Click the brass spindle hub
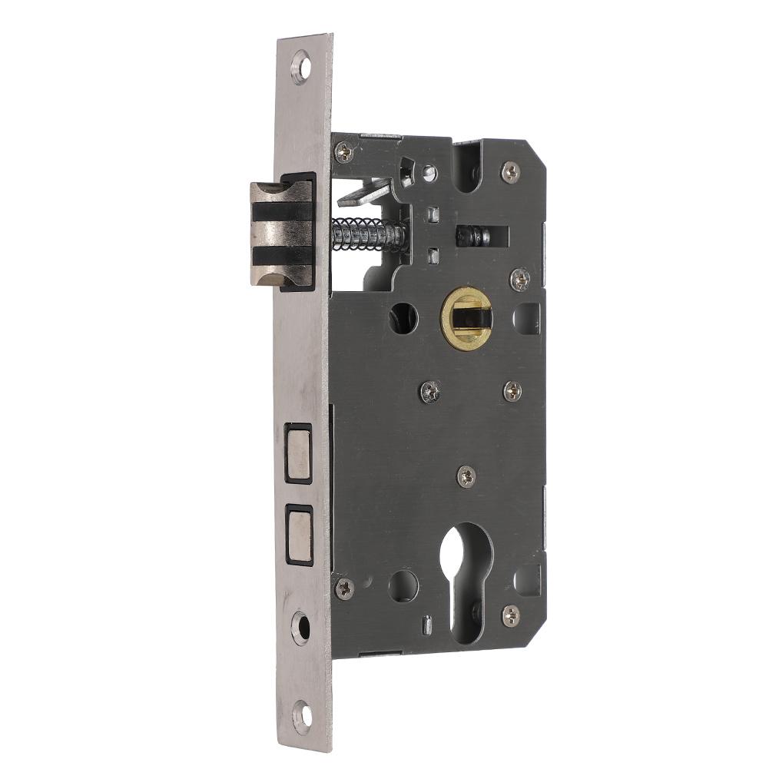point(466,318)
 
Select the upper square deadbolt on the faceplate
point(298,453)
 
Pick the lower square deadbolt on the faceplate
point(298,533)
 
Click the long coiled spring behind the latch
point(367,234)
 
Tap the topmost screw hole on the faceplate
point(302,67)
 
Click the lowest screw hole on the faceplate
point(303,716)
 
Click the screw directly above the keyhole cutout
point(466,476)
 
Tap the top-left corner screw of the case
point(344,152)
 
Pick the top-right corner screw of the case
point(510,171)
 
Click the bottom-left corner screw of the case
point(343,589)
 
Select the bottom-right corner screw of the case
point(510,614)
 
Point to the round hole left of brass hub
point(403,317)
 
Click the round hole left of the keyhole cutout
point(403,586)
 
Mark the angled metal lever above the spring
point(366,192)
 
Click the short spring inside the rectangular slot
point(473,236)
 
